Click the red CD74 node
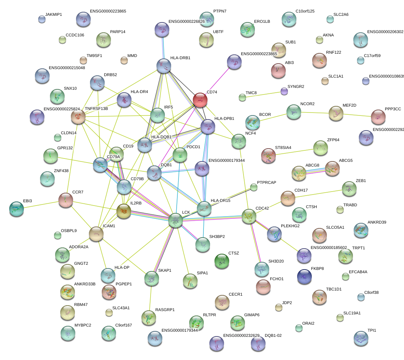[x=200, y=100]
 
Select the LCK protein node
[x=176, y=221]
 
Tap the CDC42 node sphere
[x=249, y=216]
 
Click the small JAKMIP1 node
[x=42, y=19]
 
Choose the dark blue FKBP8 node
[x=304, y=277]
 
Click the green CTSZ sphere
[x=221, y=261]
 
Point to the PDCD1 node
[x=180, y=155]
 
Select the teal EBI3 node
[x=17, y=209]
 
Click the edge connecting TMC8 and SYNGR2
[x=263, y=94]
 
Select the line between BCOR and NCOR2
[x=273, y=116]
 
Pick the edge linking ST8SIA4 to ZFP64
[x=294, y=152]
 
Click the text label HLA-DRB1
[x=180, y=58]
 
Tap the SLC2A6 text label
[x=341, y=15]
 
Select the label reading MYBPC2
[x=83, y=325]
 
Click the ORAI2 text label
[x=308, y=324]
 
